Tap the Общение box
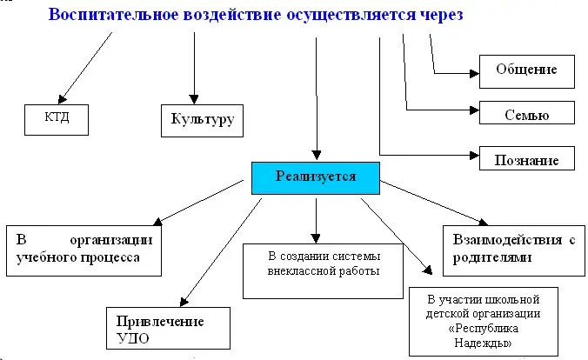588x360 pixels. [x=526, y=70]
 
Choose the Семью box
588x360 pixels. [x=526, y=112]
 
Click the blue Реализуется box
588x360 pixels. [x=316, y=177]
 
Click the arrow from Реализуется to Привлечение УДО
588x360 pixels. [x=222, y=252]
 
